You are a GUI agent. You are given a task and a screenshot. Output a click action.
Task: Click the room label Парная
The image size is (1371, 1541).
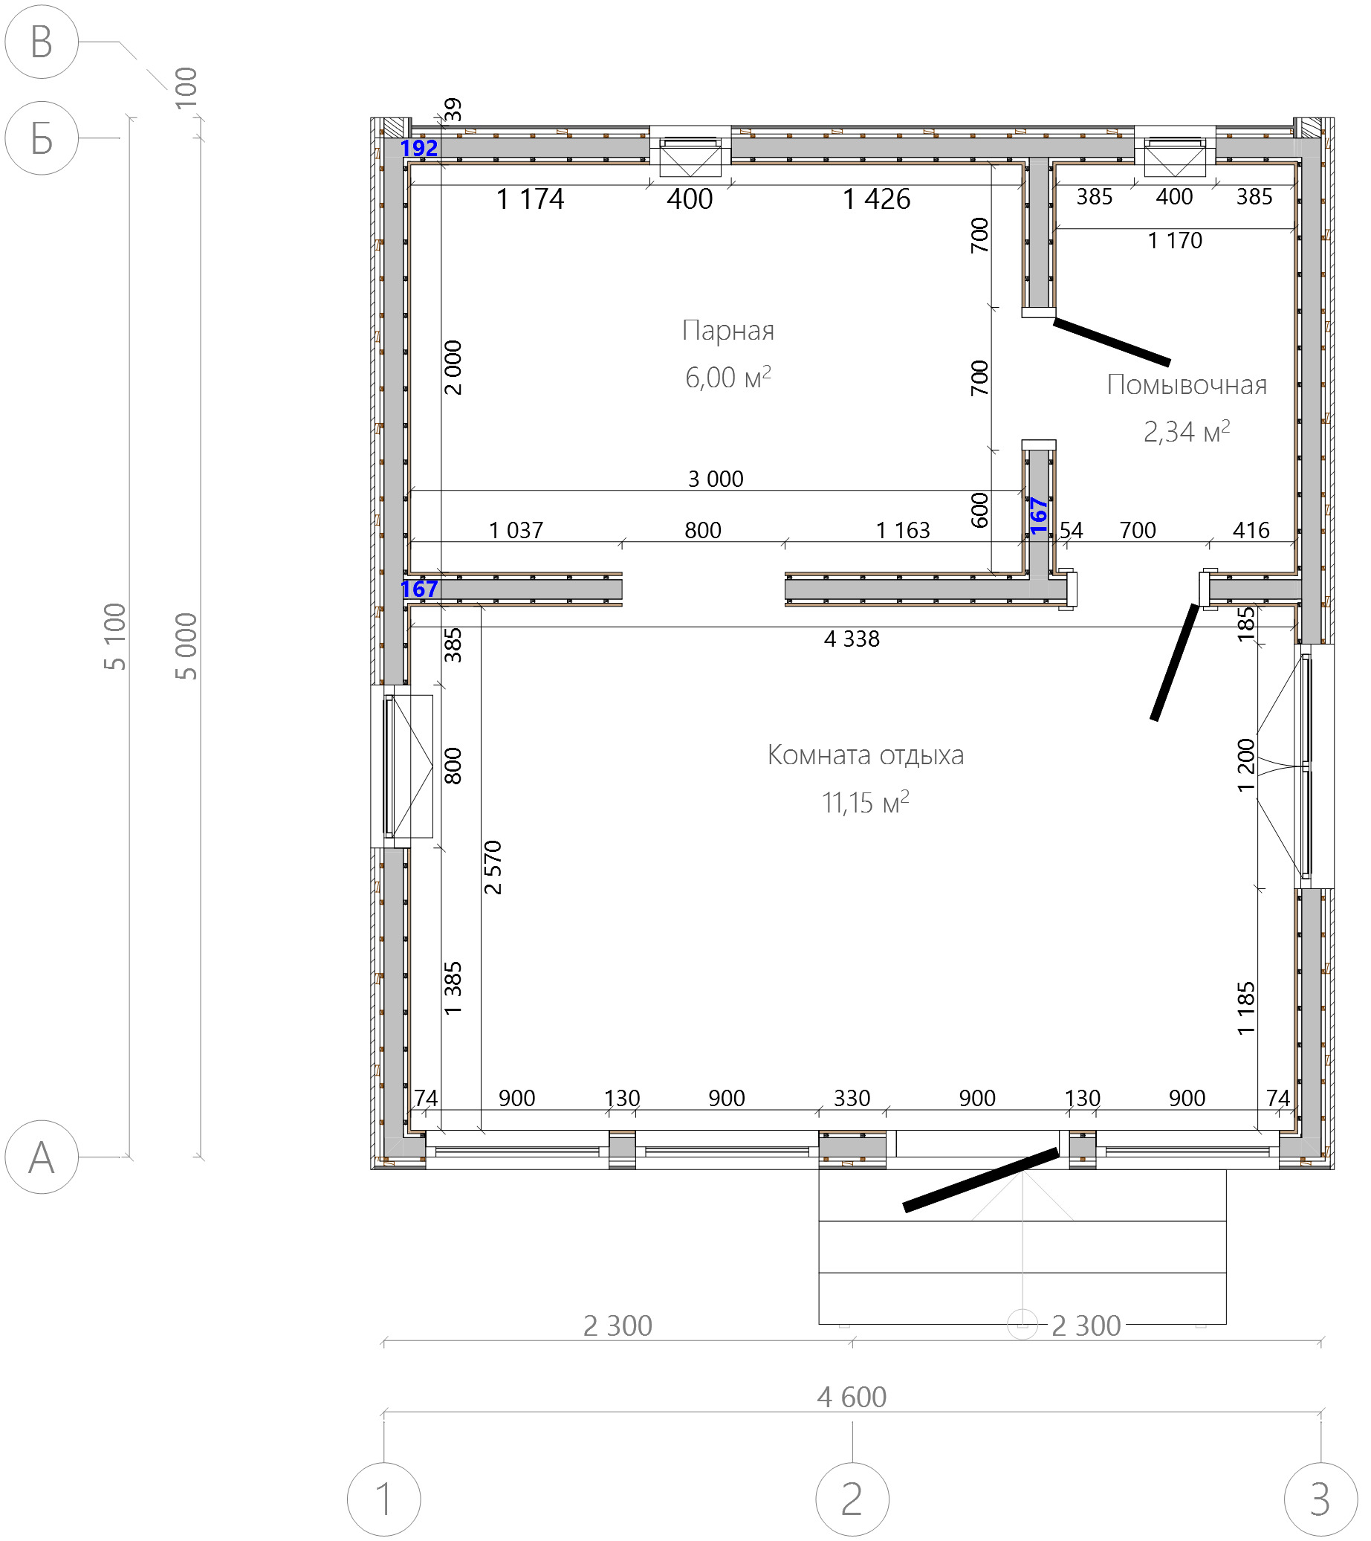(728, 330)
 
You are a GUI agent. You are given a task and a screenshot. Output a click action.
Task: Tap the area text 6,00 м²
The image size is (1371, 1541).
(728, 376)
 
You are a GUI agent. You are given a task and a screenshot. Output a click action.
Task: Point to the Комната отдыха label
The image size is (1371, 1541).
(865, 755)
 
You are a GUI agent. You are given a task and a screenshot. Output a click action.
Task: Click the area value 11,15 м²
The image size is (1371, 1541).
(865, 802)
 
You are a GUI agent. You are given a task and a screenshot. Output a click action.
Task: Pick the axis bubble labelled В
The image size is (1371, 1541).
(42, 42)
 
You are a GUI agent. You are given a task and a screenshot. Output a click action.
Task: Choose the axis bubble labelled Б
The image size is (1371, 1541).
(42, 138)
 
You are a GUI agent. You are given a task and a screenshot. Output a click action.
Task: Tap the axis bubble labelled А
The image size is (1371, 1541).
(42, 1157)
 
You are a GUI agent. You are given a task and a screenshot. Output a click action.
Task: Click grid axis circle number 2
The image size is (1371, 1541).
(852, 1499)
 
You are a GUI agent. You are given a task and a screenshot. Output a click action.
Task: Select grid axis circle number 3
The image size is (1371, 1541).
(1320, 1499)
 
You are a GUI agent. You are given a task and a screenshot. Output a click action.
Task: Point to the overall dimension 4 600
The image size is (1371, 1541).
(852, 1397)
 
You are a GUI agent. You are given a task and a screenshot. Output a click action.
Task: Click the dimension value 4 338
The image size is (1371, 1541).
(852, 639)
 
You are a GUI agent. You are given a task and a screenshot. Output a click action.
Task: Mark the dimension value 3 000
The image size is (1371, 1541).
(716, 479)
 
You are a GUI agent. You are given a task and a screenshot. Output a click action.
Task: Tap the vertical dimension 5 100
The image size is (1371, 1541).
(115, 637)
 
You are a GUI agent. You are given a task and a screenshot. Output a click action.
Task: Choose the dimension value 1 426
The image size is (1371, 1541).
(877, 199)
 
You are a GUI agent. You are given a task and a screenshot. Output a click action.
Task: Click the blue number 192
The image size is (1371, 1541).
(419, 149)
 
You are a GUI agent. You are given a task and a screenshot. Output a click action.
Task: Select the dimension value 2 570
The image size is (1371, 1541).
(493, 867)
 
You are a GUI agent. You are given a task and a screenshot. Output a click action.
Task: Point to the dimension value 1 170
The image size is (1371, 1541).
(1175, 241)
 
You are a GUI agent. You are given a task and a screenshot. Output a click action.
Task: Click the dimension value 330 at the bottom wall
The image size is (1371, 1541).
(852, 1098)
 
